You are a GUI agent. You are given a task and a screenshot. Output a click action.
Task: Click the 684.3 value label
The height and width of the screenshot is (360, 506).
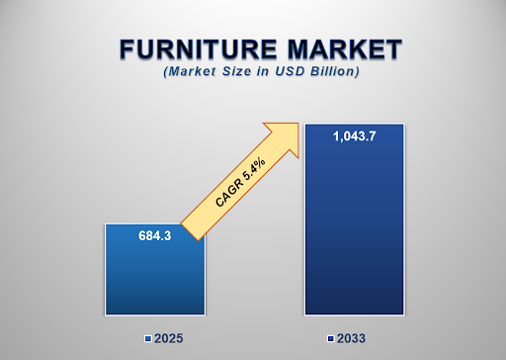point(153,236)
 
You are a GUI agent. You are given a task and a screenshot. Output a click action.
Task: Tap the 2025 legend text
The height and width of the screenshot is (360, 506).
point(169,339)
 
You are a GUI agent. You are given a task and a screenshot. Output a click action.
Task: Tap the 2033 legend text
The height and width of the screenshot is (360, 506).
point(351,339)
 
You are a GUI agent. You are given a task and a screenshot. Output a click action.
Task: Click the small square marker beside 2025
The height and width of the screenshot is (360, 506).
point(148,339)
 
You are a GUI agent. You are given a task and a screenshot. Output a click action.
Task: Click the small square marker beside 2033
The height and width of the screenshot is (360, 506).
point(330,339)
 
